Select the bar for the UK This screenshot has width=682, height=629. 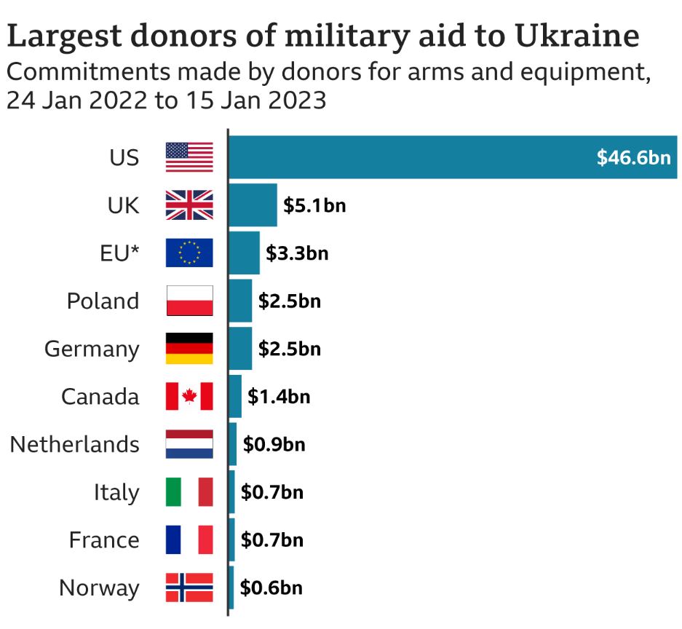click(253, 205)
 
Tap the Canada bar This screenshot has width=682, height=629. click(235, 396)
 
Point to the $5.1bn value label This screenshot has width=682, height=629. click(314, 205)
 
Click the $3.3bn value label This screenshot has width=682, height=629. click(297, 253)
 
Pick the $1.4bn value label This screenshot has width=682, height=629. click(279, 397)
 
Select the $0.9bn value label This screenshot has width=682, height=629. click(274, 444)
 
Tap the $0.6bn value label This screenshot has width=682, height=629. click(271, 588)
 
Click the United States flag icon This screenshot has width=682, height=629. click(189, 157)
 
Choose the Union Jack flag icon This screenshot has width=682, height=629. click(189, 205)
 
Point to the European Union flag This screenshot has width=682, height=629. click(189, 253)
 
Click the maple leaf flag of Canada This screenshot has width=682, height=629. click(189, 397)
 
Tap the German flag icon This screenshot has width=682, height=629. click(189, 349)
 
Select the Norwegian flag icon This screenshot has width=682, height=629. click(189, 588)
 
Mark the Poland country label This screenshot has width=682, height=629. click(103, 301)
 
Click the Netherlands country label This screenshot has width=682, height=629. click(74, 444)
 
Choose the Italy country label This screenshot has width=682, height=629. click(116, 493)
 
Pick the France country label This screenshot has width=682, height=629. click(104, 540)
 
